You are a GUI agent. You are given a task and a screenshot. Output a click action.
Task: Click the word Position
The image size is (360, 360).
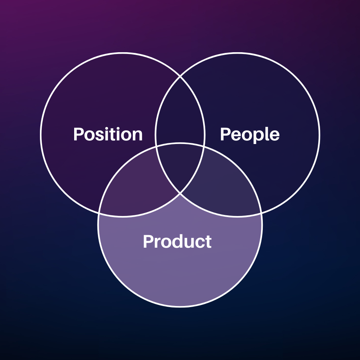pos(108,134)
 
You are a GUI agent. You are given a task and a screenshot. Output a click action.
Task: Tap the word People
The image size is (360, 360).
pos(250,135)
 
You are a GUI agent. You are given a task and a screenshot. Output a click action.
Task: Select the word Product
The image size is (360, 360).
pos(177,241)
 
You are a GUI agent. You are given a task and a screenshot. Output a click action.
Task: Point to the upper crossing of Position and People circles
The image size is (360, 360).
pos(180,77)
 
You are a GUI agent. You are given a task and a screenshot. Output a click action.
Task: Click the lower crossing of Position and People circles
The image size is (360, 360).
pos(180,193)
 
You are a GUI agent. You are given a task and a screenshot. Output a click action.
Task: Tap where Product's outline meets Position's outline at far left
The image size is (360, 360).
pos(99,213)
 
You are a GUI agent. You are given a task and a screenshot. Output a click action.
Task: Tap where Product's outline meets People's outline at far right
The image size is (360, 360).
pos(261,213)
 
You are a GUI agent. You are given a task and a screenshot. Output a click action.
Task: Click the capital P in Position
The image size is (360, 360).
pos(78,134)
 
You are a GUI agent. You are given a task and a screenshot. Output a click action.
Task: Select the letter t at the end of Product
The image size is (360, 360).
pos(208,242)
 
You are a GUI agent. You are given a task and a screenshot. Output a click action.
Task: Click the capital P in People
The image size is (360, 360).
pos(225,134)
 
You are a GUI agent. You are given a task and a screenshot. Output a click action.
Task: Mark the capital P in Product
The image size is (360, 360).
pos(148,241)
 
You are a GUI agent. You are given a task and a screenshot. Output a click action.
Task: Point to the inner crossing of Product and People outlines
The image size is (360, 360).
pos(204,146)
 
